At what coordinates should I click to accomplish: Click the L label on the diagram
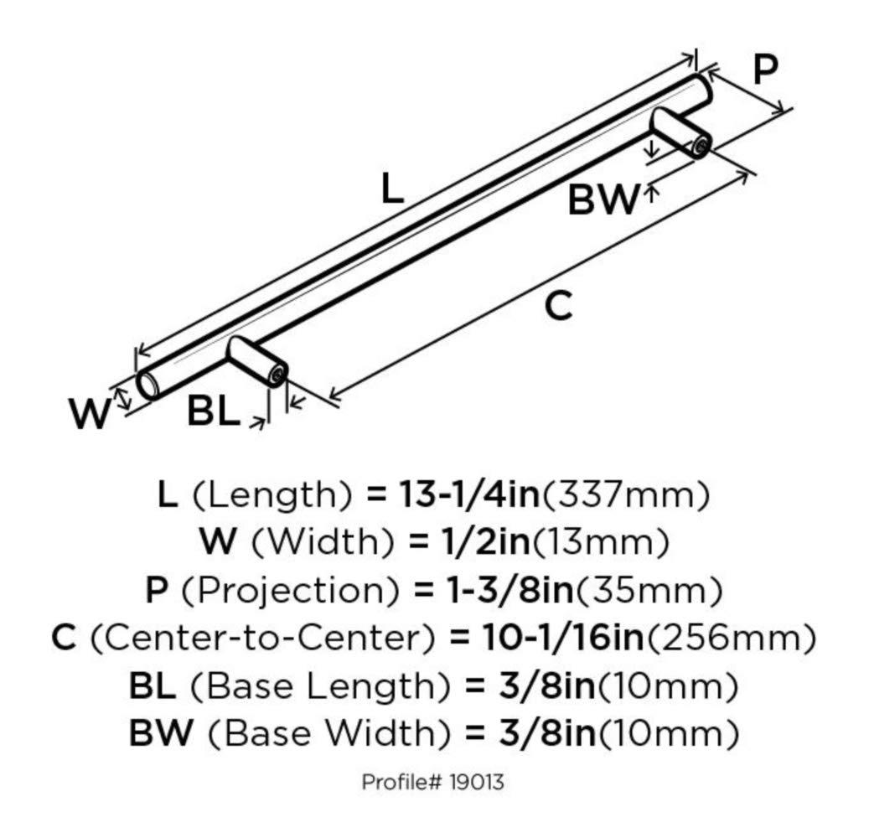[x=392, y=189]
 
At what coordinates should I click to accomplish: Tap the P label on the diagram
[x=763, y=70]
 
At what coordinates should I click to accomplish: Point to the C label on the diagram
[x=558, y=307]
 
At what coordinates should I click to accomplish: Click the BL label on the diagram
[x=213, y=412]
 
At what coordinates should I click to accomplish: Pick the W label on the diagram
[x=89, y=414]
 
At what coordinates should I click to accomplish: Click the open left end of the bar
[x=147, y=385]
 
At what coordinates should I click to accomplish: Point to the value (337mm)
[x=626, y=494]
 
